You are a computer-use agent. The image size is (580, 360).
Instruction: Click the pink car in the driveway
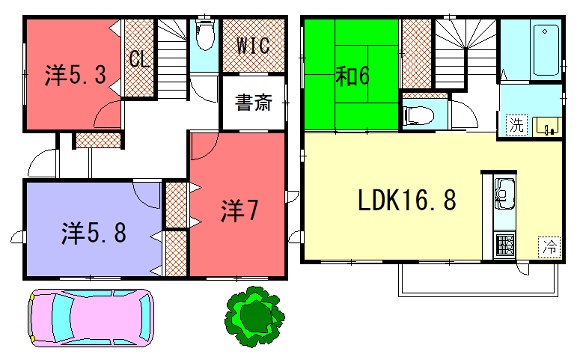point(91,318)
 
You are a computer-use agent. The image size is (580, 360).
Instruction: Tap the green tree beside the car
point(254,317)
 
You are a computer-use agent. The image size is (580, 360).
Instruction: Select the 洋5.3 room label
point(76,75)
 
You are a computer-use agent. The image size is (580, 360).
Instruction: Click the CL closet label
point(140,58)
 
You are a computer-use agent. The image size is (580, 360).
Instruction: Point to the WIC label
point(253,46)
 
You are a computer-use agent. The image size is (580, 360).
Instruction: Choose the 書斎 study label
point(254,102)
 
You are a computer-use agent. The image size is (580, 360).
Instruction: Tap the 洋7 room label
point(239,211)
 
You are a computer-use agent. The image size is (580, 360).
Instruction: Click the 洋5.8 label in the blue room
point(94,233)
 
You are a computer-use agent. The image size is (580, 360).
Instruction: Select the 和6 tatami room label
point(353,76)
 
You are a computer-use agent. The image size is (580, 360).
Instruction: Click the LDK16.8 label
point(407,200)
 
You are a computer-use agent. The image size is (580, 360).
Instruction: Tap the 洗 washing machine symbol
point(516,125)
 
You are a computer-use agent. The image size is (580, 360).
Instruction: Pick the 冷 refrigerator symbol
point(549,246)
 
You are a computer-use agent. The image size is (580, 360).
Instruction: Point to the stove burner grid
point(505,245)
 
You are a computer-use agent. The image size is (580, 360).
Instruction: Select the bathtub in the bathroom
point(545,50)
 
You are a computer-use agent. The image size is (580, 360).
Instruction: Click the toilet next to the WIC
point(205,35)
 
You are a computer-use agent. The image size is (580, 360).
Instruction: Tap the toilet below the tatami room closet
point(419,115)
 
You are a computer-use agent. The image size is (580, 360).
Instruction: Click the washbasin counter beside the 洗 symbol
point(547,127)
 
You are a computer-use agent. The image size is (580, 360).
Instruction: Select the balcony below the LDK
point(478,280)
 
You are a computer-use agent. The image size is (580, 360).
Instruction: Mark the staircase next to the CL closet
point(172,58)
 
